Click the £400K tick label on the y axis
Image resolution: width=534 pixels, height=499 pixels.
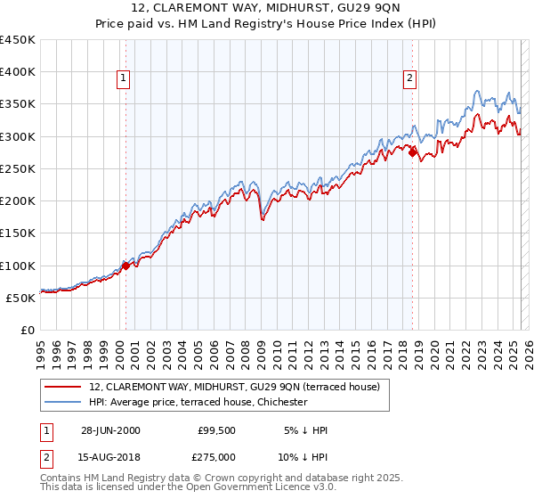pyautogui.click(x=18, y=72)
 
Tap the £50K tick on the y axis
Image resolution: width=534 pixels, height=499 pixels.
pyautogui.click(x=21, y=299)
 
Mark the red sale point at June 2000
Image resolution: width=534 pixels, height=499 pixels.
pyautogui.click(x=126, y=265)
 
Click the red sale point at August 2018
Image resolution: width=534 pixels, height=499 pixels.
pyautogui.click(x=412, y=152)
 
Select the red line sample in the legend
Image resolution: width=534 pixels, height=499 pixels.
pyautogui.click(x=62, y=387)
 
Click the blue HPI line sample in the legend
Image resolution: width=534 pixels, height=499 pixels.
pyautogui.click(x=62, y=402)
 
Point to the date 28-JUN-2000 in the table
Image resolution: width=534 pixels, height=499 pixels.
pyautogui.click(x=110, y=430)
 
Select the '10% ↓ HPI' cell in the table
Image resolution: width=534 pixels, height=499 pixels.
pyautogui.click(x=303, y=456)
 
